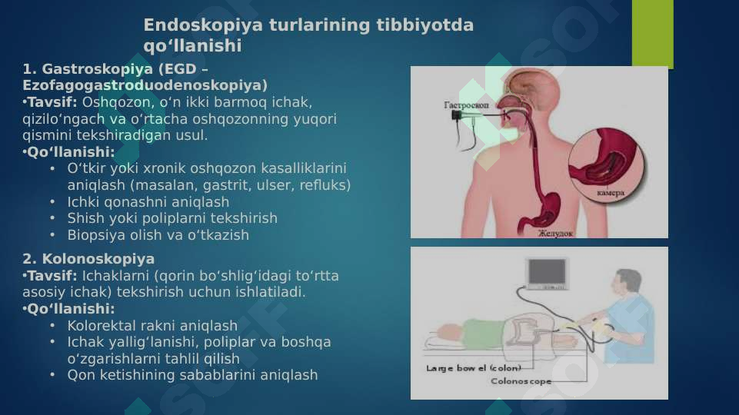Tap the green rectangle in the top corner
[652, 33]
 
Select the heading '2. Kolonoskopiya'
[88, 259]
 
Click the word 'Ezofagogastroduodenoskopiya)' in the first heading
[145, 85]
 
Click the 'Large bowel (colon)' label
[474, 368]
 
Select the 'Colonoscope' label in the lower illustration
[521, 381]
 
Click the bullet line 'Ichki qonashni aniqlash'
[148, 202]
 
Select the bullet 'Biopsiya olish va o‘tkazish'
[158, 235]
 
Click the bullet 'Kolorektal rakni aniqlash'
[152, 326]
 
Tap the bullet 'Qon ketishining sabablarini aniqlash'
[192, 375]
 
